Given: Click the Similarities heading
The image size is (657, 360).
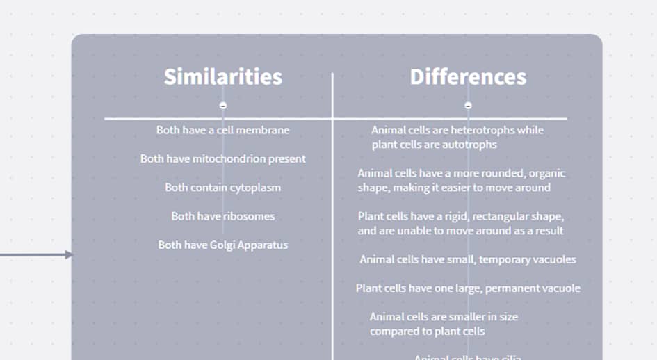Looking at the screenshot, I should pyautogui.click(x=222, y=76).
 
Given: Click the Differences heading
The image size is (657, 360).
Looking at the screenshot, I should pyautogui.click(x=468, y=76).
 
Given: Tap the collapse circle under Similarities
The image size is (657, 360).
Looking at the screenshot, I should pyautogui.click(x=223, y=106).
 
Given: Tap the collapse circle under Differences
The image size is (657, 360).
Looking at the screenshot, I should pyautogui.click(x=468, y=106).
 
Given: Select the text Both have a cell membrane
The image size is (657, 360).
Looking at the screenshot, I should pyautogui.click(x=222, y=130).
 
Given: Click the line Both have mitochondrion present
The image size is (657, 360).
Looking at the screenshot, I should pyautogui.click(x=222, y=158).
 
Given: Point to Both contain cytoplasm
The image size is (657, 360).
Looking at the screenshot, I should pyautogui.click(x=222, y=188).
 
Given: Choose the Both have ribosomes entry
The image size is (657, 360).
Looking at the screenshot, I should pyautogui.click(x=222, y=216).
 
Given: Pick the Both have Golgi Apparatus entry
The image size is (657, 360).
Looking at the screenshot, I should pyautogui.click(x=222, y=245).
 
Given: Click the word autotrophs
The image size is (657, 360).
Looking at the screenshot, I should pyautogui.click(x=469, y=145).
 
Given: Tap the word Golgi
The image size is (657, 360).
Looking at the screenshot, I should pyautogui.click(x=222, y=245).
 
